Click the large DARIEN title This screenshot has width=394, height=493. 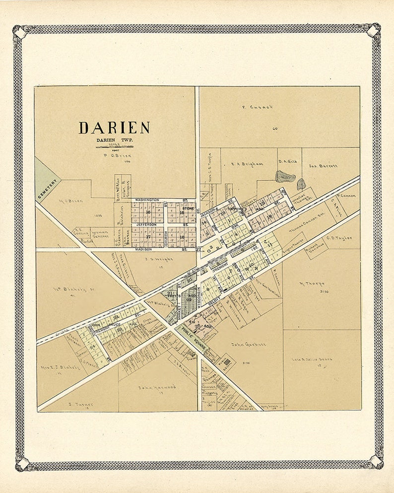tap(114, 128)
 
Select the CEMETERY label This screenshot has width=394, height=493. tap(48, 189)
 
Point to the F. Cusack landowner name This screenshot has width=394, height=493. tap(258, 107)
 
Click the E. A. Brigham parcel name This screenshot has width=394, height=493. tap(248, 164)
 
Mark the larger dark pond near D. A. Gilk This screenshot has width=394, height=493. tap(285, 176)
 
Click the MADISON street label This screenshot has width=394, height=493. tap(143, 249)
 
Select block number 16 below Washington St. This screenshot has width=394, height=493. tap(147, 212)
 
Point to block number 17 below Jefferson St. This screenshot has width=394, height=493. tap(147, 237)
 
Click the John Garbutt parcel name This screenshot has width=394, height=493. tap(249, 344)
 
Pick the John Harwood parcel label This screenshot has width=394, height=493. tap(157, 387)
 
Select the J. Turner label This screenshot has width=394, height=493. tap(81, 404)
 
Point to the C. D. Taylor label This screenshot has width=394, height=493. tap(339, 238)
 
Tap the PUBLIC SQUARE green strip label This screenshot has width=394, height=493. tap(191, 335)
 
